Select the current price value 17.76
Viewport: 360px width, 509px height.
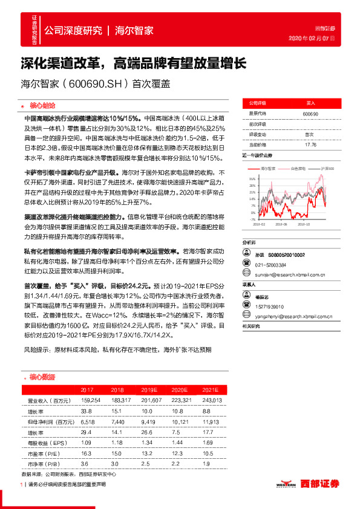pyautogui.click(x=311, y=145)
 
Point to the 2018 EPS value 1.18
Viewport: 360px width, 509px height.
pyautogui.click(x=117, y=443)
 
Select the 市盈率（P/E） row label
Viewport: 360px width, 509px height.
pyautogui.click(x=46, y=453)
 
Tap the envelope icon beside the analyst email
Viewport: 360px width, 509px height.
pyautogui.click(x=246, y=273)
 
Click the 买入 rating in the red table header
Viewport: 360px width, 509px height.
pyautogui.click(x=310, y=103)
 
